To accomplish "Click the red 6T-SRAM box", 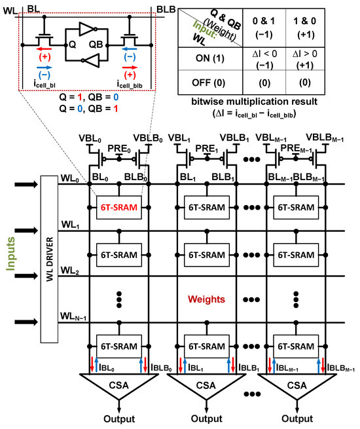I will click(118, 207).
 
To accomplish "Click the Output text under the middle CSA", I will click(208, 419).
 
